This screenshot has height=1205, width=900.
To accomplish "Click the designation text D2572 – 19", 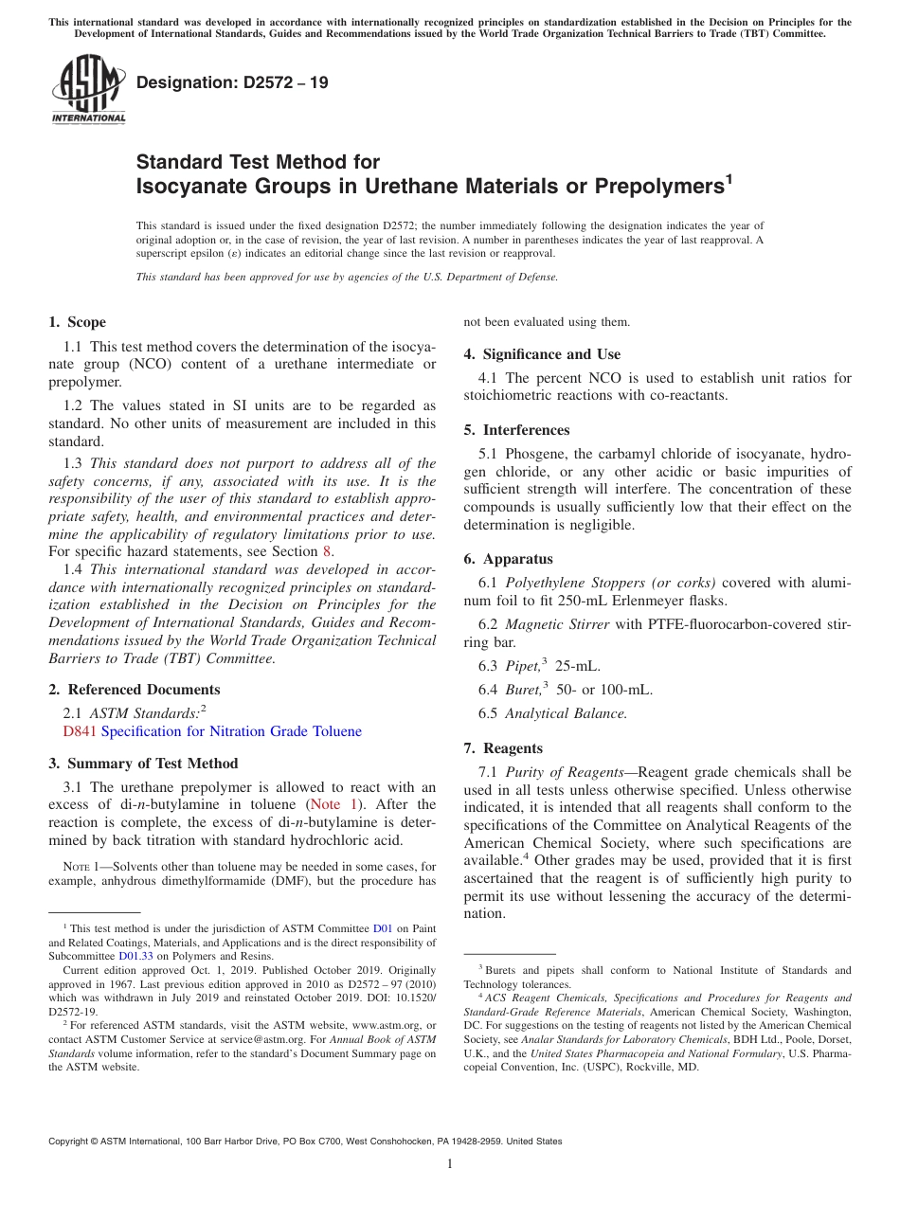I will click(232, 82).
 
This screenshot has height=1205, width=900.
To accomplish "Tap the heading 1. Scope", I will click(78, 322).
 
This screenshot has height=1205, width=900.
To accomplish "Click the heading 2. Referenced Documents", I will click(135, 690).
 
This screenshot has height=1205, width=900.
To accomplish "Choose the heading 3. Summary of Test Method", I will click(143, 764).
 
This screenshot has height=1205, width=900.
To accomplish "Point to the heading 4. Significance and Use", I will click(542, 354).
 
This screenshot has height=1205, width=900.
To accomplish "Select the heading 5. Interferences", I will click(516, 430).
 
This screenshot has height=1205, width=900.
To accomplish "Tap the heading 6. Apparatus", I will click(508, 559).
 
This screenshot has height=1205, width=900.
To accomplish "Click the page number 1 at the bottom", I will click(450, 1164).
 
